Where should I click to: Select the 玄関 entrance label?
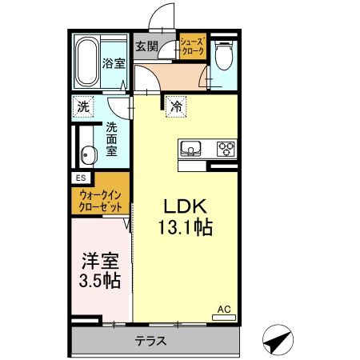[x=146, y=46]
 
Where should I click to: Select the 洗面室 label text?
[x=113, y=137]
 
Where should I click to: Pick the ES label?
[x=81, y=178]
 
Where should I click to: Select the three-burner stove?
[x=225, y=149]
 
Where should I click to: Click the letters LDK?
[x=182, y=204]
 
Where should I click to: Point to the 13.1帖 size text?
[x=182, y=228]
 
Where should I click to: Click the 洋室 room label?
[x=101, y=261]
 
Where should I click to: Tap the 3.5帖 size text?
[x=101, y=281]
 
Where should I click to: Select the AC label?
[x=225, y=308]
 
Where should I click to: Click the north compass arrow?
[x=277, y=341]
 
